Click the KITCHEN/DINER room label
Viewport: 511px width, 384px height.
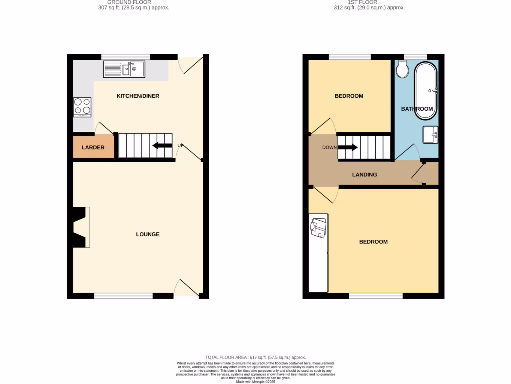138,96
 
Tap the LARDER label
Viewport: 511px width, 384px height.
93,148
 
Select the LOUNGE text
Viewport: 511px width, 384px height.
148,234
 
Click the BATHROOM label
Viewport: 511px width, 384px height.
417,109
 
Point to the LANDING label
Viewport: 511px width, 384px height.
364,175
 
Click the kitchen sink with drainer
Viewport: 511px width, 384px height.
124,69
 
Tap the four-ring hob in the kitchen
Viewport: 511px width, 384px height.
83,106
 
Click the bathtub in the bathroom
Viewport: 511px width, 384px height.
426,90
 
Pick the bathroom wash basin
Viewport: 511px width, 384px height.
431,135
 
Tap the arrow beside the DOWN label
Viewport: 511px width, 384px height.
348,147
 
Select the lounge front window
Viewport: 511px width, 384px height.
123,296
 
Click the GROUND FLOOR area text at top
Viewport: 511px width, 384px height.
134,5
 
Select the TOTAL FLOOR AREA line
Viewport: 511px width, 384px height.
255,358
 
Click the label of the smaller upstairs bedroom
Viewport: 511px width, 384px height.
349,96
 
